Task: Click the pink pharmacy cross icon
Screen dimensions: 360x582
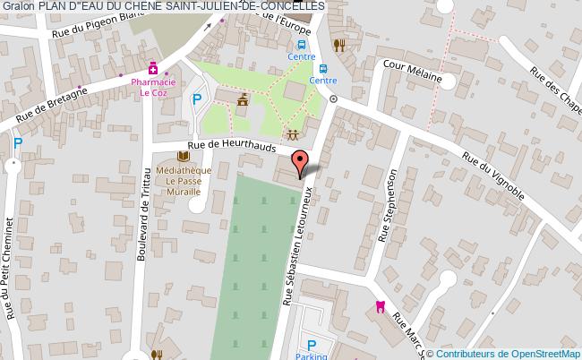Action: (153, 66)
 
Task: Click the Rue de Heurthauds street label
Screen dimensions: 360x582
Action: (232, 147)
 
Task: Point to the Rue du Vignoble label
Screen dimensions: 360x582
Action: (492, 174)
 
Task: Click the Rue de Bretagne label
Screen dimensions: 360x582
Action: (51, 103)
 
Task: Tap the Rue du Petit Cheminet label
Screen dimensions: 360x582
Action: (9, 269)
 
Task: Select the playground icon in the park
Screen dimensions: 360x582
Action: (293, 134)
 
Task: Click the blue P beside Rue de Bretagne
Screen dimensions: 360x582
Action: (18, 142)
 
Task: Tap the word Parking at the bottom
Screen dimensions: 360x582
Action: (312, 355)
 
